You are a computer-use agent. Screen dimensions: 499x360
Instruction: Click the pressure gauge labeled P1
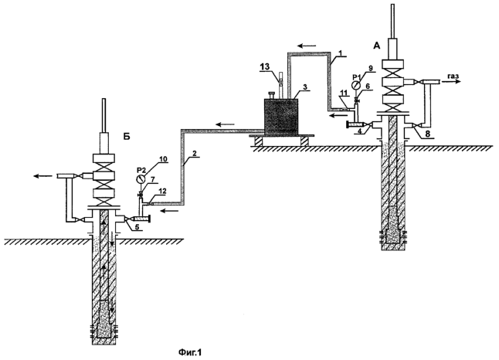[x=356, y=85]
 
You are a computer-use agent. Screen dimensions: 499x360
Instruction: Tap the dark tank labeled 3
[x=281, y=117]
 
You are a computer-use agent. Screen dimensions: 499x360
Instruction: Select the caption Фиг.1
[x=190, y=352]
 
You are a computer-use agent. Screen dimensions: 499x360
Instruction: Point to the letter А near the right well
[x=376, y=46]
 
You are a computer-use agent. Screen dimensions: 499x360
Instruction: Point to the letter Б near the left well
[x=127, y=136]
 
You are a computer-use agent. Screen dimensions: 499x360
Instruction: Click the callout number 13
[x=265, y=66]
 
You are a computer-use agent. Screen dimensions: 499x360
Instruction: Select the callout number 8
[x=428, y=134]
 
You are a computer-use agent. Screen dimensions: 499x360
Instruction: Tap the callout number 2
[x=196, y=153]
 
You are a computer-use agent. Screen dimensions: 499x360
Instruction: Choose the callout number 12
[x=162, y=191]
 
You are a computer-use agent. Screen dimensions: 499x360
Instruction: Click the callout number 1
[x=340, y=54]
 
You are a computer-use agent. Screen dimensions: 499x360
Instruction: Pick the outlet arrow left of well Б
[x=43, y=175]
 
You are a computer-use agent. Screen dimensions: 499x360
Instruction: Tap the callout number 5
[x=136, y=228]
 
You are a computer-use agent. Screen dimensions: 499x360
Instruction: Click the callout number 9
[x=370, y=68]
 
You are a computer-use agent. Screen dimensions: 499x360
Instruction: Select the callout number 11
[x=342, y=92]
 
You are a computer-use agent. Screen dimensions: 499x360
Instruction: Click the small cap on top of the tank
[x=272, y=95]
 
